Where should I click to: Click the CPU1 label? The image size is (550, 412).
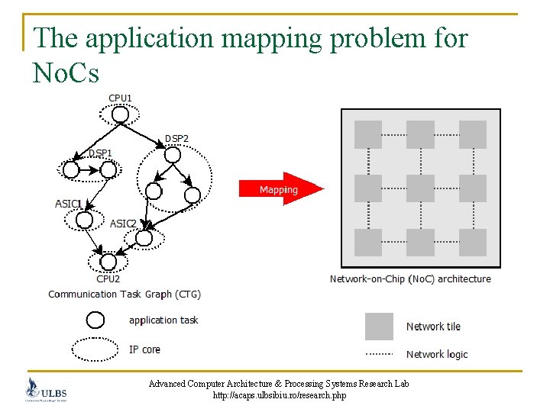(120, 98)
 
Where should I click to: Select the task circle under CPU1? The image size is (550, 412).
(120, 115)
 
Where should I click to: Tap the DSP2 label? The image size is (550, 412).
(176, 138)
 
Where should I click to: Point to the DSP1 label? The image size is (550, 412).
(100, 153)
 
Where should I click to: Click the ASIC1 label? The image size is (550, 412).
(69, 204)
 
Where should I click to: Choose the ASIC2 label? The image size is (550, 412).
(123, 224)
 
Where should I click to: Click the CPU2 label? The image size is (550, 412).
(108, 278)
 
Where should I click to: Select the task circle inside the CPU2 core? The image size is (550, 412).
(102, 262)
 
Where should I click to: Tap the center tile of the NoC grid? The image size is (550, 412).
(420, 188)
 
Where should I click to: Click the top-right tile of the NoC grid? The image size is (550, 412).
(473, 134)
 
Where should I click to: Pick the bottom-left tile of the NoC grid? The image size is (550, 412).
(368, 242)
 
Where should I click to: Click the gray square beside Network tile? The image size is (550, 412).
(379, 327)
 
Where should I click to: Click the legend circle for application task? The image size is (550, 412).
(95, 320)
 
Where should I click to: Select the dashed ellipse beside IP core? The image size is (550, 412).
(95, 349)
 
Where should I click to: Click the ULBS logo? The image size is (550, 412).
(46, 390)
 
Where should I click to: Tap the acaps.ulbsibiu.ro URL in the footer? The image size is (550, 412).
(279, 396)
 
